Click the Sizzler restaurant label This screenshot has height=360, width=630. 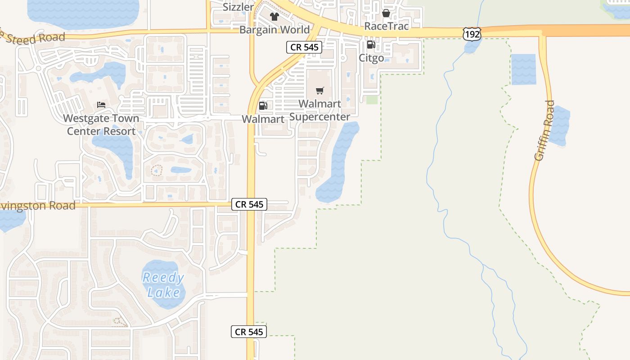(238, 7)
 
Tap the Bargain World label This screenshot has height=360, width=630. (274, 30)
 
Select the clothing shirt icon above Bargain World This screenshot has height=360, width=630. (274, 17)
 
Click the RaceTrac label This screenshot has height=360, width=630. (387, 26)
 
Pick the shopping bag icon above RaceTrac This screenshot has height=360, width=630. (386, 13)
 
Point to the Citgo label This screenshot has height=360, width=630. (371, 58)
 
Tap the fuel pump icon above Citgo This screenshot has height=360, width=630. (371, 44)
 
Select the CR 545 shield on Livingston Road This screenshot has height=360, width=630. (249, 204)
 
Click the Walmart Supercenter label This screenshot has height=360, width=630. (320, 110)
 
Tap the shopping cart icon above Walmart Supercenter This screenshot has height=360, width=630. (320, 91)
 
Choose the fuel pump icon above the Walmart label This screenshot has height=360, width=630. (263, 106)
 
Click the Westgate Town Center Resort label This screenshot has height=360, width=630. (101, 125)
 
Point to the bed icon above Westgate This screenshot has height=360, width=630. (101, 105)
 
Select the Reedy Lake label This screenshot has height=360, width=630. (163, 285)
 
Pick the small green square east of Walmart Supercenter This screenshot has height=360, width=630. (372, 99)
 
